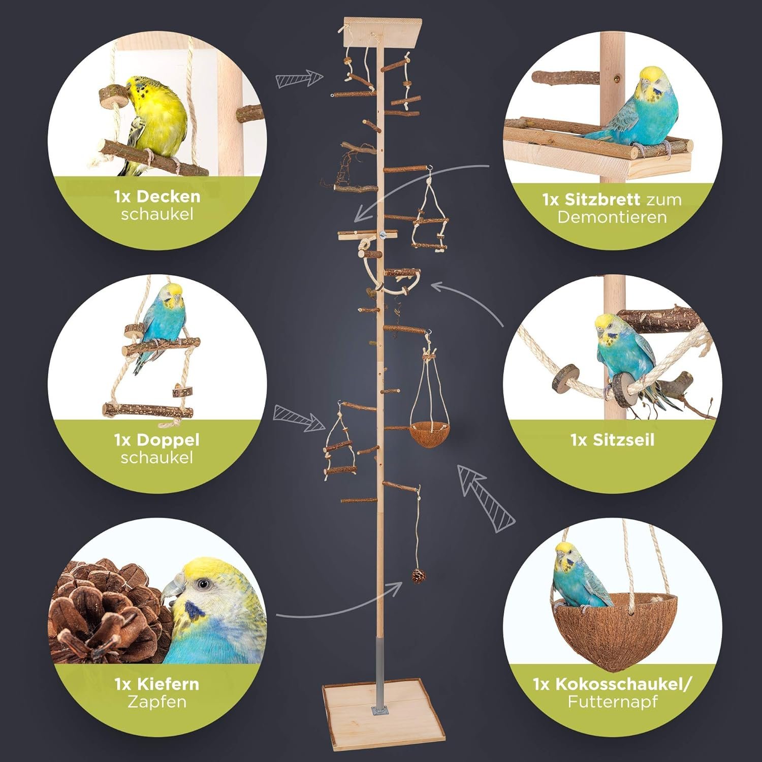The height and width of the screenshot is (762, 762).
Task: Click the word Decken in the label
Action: pos(168,197)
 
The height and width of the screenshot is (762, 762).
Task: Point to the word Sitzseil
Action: pos(624,440)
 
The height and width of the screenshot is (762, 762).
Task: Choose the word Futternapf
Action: pos(613,702)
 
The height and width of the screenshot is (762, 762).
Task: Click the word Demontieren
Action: pos(612,217)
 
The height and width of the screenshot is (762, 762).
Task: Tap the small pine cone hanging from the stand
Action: pos(418,576)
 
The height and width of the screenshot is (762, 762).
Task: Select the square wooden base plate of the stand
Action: pos(383,715)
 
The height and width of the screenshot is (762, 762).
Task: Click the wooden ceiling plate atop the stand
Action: pos(383,32)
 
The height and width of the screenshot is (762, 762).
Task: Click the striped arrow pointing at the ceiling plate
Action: pos(300,79)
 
